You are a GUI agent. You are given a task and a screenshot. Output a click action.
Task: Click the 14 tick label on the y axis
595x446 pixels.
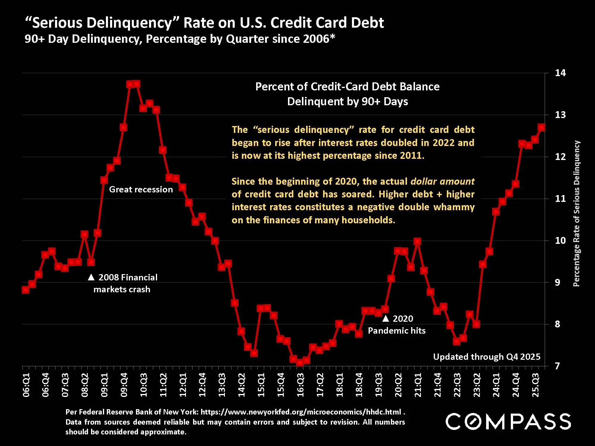coord(560,73)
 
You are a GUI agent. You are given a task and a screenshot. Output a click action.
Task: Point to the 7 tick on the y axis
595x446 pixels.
coord(557,366)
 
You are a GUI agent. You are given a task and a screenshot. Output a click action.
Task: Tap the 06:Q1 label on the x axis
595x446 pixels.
coord(26,385)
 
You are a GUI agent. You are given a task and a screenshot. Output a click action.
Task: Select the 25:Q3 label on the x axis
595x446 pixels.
coord(535,385)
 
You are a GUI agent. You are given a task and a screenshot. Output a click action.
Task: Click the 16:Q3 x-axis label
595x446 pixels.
coord(300,385)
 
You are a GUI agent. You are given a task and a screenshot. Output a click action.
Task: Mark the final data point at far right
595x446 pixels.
coord(541,127)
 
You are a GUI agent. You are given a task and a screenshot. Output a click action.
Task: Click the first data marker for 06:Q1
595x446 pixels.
coord(26,290)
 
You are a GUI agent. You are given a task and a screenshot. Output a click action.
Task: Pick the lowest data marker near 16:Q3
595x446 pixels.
coord(300,363)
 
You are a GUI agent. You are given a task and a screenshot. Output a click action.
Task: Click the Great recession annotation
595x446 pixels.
coord(141,189)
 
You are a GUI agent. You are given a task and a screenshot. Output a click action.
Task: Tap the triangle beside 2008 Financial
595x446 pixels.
coord(91,277)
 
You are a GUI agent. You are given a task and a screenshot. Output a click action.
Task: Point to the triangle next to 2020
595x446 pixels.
coord(386,318)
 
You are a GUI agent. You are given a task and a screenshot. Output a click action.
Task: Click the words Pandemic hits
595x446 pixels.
coord(397,331)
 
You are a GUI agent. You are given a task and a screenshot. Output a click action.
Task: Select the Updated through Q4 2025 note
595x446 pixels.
coord(486,357)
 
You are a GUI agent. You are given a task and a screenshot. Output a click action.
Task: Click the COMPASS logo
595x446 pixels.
coord(508,421)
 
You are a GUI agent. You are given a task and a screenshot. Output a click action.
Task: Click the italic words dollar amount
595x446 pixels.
coord(442,181)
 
